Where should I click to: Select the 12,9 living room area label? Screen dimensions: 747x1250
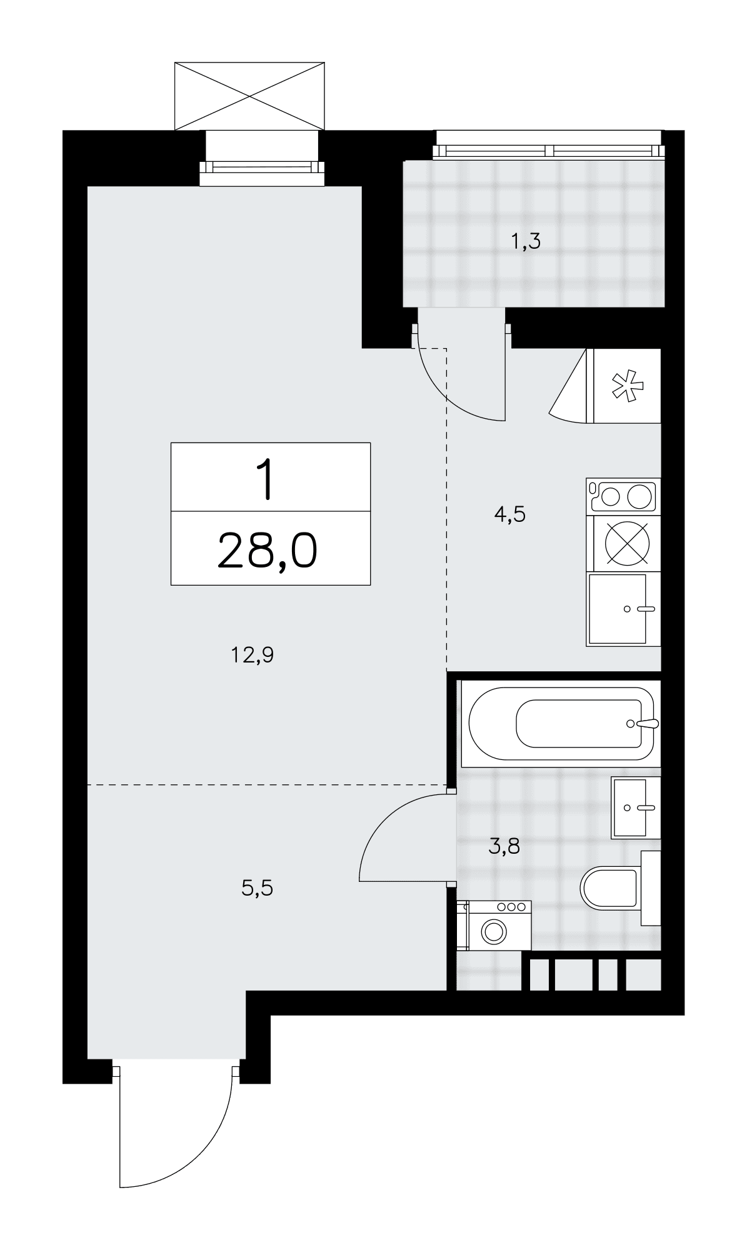(253, 656)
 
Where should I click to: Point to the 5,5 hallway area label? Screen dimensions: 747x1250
(258, 887)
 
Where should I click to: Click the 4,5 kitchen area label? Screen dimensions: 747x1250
(509, 514)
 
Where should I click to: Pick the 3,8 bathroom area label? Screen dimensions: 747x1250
(504, 847)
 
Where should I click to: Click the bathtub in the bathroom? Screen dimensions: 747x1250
(560, 724)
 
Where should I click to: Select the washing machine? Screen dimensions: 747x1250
(494, 926)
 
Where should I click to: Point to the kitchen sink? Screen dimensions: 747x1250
(623, 609)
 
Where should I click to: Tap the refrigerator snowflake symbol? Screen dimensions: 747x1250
(628, 386)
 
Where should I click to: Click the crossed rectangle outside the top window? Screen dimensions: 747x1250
(249, 96)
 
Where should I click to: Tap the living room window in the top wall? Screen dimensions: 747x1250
(263, 167)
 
